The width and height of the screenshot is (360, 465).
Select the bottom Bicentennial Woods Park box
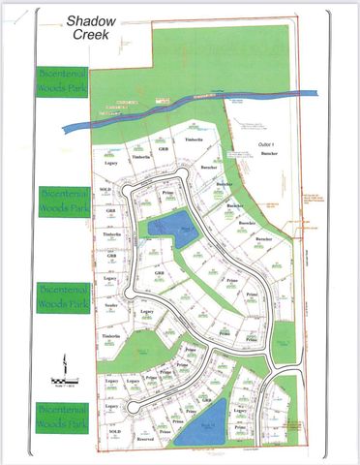pos(62,417)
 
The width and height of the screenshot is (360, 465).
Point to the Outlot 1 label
pos(268,143)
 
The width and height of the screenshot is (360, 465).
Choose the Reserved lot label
pos(145,439)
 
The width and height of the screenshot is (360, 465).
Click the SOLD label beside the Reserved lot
pos(115,430)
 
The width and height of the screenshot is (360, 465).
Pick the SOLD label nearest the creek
pos(105,190)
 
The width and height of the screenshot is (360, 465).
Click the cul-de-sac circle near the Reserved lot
pos(130,408)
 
